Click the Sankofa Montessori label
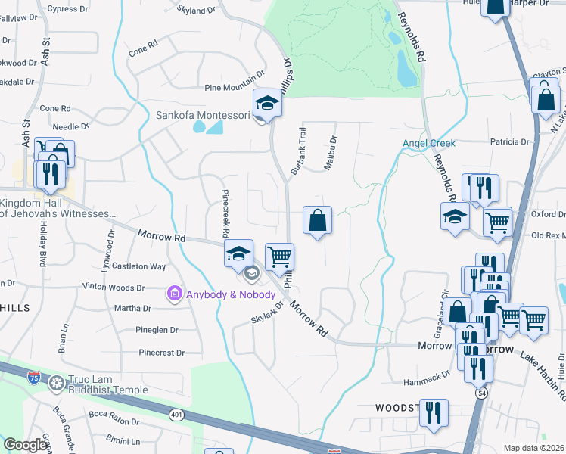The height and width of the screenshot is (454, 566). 202,116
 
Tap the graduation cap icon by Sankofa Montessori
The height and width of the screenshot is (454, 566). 267,104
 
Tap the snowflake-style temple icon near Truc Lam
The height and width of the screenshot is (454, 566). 56,384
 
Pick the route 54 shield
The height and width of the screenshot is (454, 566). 481,393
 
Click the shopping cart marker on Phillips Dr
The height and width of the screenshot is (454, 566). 280,257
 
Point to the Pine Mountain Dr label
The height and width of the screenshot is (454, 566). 235,88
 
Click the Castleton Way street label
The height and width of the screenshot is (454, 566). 138,266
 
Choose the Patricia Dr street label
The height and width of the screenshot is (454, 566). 509,141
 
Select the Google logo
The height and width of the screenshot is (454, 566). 26,445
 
